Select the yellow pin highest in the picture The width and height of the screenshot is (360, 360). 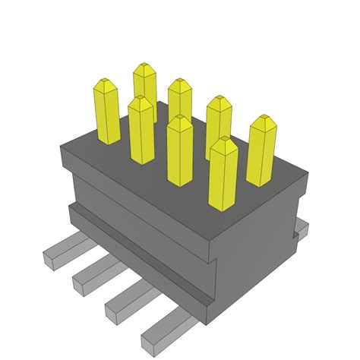144,87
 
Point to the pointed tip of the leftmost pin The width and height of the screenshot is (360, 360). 104,81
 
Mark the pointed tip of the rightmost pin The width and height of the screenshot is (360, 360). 263,119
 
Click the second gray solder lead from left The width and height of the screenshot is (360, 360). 91,273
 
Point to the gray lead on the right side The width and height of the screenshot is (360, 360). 301,230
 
